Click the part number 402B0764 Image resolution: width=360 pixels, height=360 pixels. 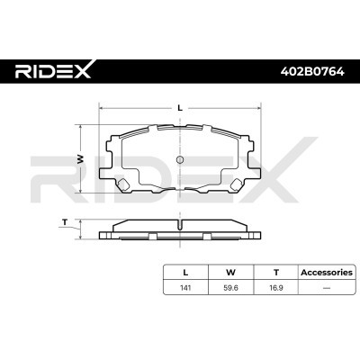click(x=312, y=71)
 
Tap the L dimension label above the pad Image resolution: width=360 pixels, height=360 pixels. click(x=180, y=108)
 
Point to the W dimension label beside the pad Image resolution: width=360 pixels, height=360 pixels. click(x=80, y=159)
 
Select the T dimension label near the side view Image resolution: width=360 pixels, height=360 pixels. click(x=65, y=222)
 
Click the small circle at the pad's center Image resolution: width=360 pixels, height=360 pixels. click(x=180, y=159)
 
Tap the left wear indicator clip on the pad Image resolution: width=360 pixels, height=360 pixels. click(x=122, y=184)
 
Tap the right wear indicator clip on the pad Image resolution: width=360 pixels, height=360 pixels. click(x=237, y=184)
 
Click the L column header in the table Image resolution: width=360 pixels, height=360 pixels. click(x=185, y=273)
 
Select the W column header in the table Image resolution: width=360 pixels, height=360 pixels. click(x=230, y=273)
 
